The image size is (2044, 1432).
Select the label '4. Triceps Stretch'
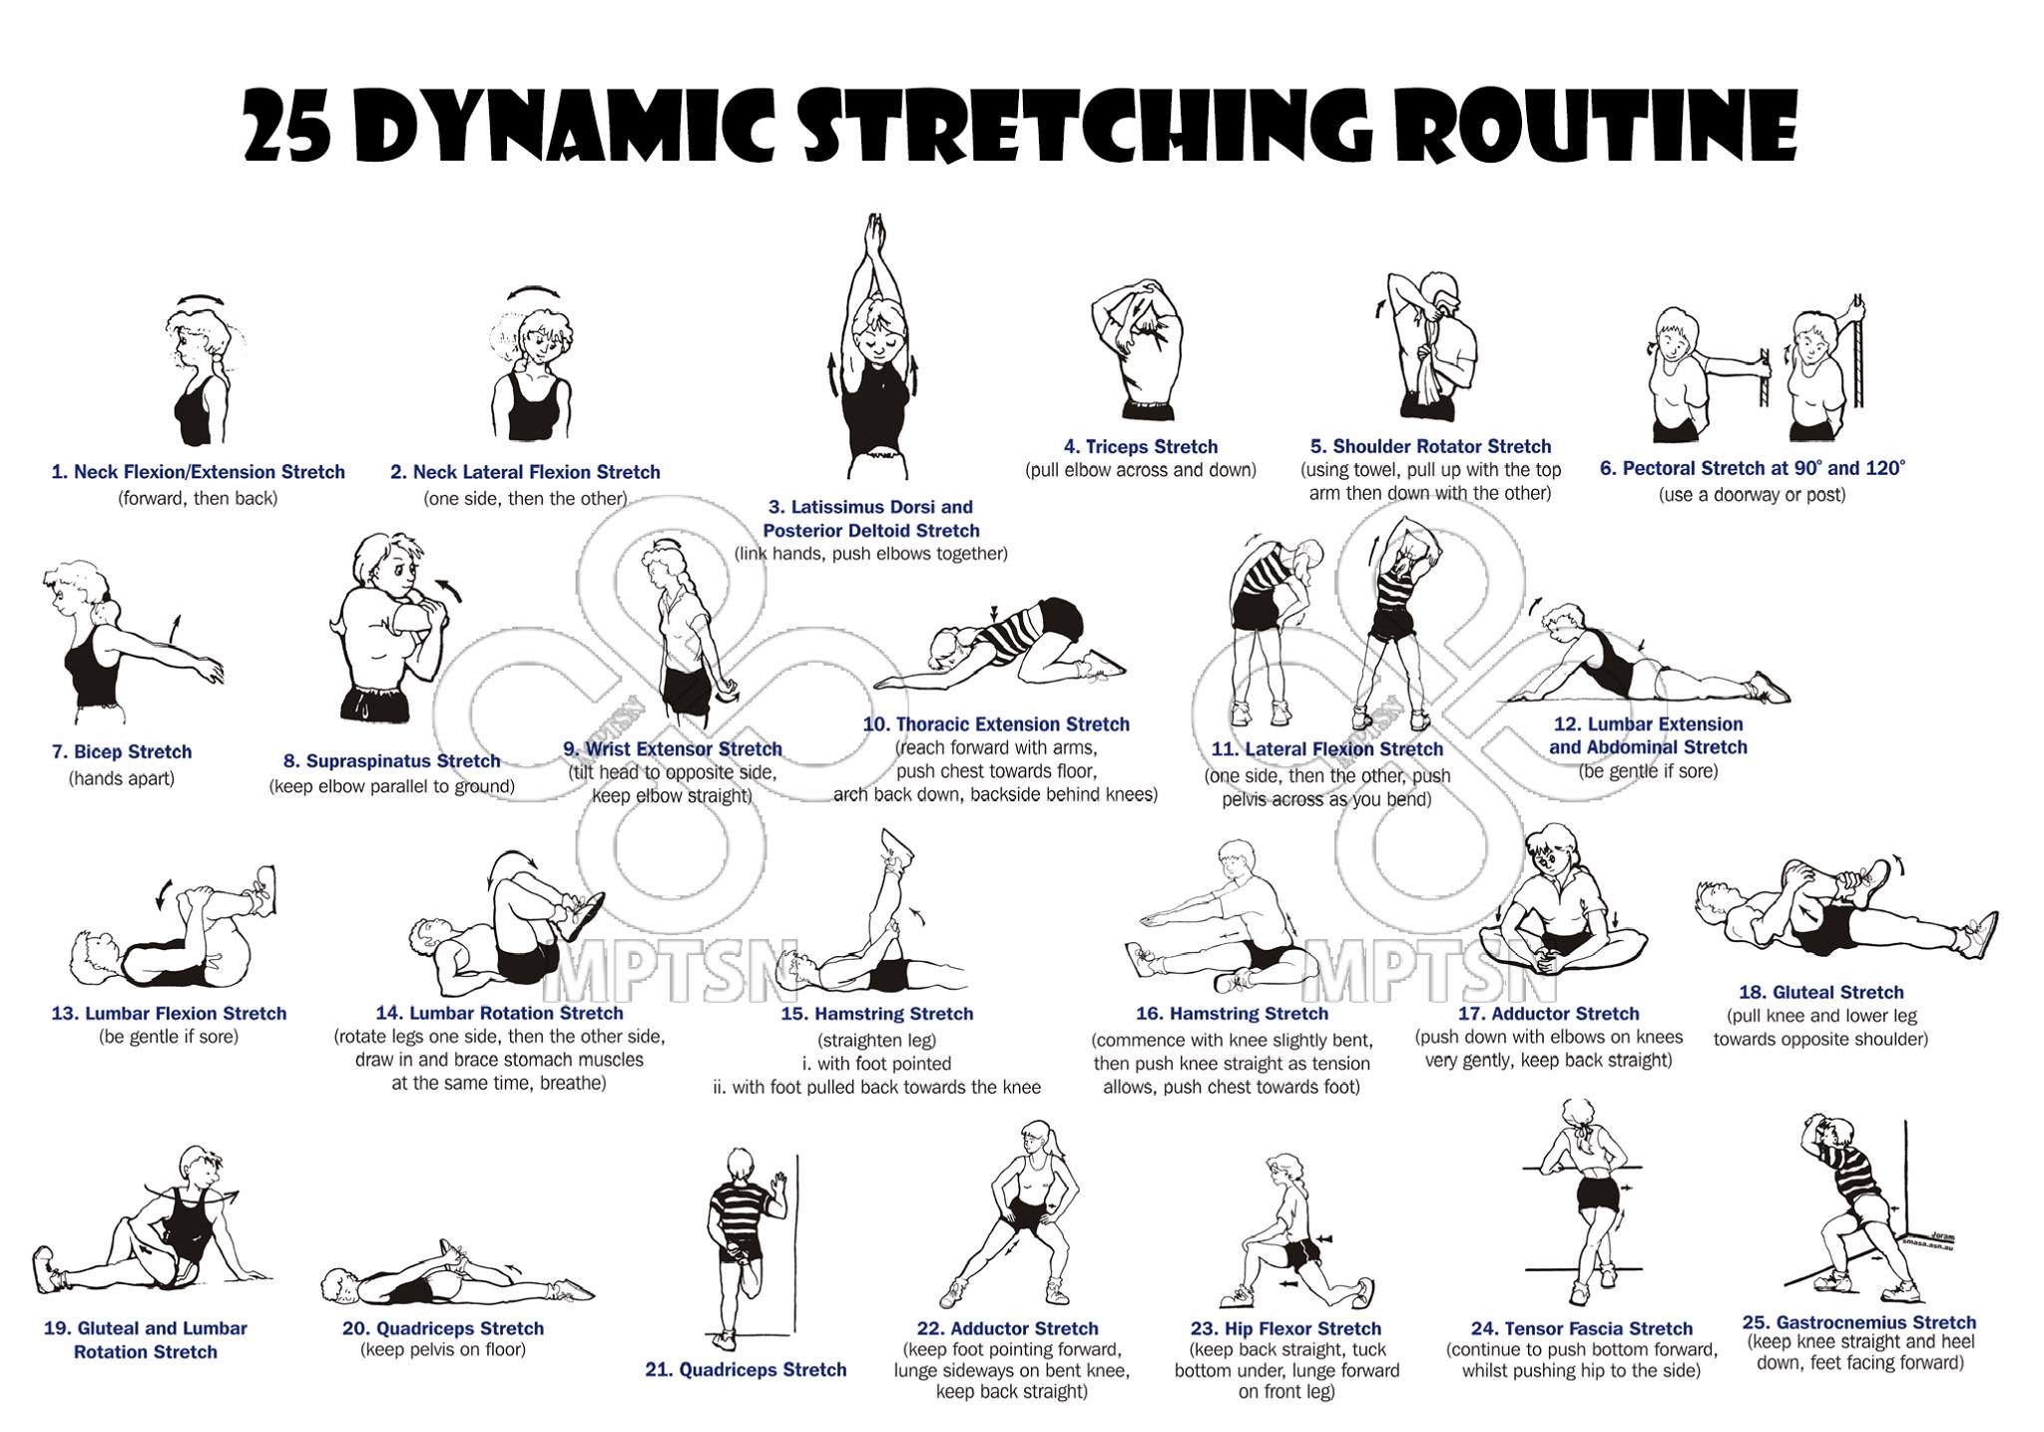tap(1140, 447)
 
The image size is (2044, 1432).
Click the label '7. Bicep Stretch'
tap(122, 752)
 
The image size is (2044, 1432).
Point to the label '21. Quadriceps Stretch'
tap(746, 1370)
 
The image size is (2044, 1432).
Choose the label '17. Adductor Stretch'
tap(1549, 1014)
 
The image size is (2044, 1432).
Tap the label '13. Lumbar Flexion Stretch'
tap(169, 1014)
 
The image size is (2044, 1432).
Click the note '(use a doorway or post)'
tap(1752, 495)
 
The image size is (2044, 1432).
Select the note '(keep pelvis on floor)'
tap(442, 1350)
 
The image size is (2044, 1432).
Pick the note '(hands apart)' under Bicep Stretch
tap(122, 778)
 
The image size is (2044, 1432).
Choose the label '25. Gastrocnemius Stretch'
tap(1859, 1323)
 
